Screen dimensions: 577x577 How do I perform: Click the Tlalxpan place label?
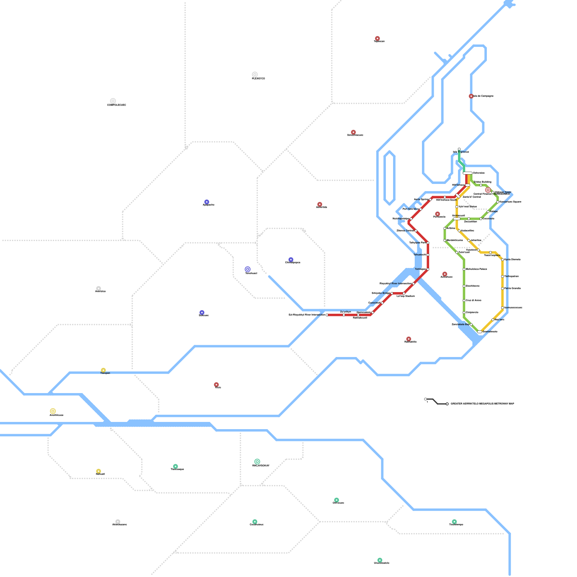[x=105, y=373]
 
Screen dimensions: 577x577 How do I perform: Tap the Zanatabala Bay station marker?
[x=471, y=325]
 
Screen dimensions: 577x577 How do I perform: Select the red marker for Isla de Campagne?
[x=471, y=96]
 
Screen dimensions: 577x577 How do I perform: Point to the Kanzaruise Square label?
[x=510, y=202]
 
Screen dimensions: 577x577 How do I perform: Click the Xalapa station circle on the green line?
[x=488, y=212]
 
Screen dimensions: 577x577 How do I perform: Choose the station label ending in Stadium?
[x=405, y=296]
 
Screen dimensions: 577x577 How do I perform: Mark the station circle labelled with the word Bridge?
[x=392, y=293]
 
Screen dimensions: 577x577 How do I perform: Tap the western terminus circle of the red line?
[x=327, y=315]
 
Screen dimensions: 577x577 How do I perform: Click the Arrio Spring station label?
[x=421, y=199]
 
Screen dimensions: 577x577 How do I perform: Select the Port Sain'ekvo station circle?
[x=420, y=209]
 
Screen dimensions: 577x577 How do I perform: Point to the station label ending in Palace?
[x=476, y=269]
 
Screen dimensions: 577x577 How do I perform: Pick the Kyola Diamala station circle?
[x=502, y=260]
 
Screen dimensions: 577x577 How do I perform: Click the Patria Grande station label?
[x=512, y=288]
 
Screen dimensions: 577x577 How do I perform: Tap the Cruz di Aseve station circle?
[x=464, y=300]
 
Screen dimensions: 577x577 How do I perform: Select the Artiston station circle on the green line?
[x=445, y=228]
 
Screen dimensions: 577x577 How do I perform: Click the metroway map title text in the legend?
[x=482, y=404]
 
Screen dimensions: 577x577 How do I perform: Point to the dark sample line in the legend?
[x=436, y=401]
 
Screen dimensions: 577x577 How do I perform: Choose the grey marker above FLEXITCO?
[x=255, y=75]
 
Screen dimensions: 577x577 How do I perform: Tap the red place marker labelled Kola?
[x=216, y=384]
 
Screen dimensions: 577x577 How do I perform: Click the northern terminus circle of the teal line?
[x=459, y=149]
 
